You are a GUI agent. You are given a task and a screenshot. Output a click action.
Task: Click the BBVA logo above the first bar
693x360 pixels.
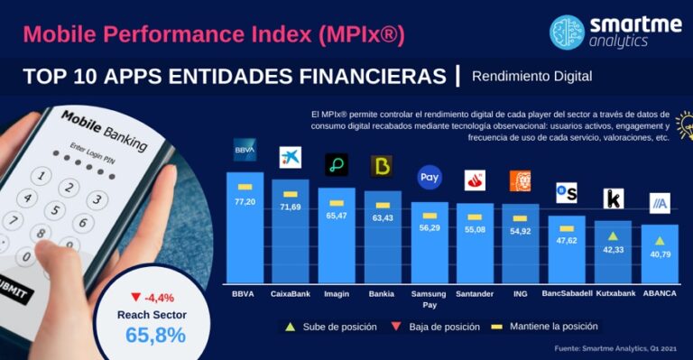(245, 148)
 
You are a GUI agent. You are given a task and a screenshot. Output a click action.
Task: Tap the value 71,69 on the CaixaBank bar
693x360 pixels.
(290, 208)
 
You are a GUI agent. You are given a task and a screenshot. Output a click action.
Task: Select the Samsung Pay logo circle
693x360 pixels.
(430, 178)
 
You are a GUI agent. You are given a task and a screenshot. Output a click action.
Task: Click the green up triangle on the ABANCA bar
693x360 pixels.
(660, 241)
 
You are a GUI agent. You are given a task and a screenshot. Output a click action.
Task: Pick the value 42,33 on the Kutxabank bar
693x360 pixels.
(613, 249)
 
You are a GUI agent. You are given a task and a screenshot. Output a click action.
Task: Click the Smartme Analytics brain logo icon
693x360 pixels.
(568, 32)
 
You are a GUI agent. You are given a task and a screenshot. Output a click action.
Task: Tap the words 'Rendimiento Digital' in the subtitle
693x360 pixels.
(531, 76)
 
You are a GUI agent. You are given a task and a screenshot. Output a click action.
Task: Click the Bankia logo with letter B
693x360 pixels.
(382, 167)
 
